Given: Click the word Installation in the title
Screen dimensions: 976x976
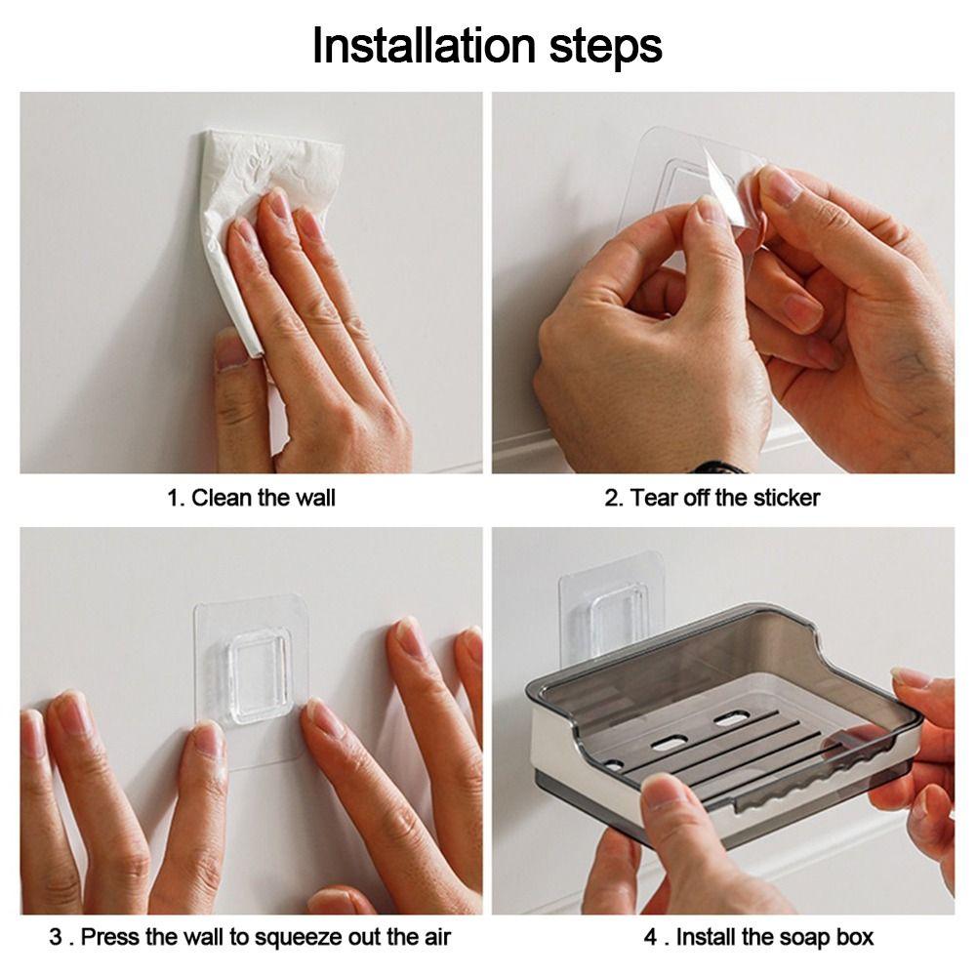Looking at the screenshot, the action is (424, 46).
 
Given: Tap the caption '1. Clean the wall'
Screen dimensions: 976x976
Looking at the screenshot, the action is (251, 498).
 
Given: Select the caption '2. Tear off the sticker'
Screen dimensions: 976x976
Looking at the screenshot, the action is (712, 498).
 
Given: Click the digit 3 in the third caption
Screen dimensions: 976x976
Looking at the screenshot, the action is (56, 937).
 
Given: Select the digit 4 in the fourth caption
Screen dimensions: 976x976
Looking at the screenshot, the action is (651, 937).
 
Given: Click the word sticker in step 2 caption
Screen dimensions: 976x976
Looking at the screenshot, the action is (787, 498).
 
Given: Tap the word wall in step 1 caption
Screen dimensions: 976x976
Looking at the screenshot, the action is (315, 498).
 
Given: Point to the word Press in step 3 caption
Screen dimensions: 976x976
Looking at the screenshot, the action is (111, 937).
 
